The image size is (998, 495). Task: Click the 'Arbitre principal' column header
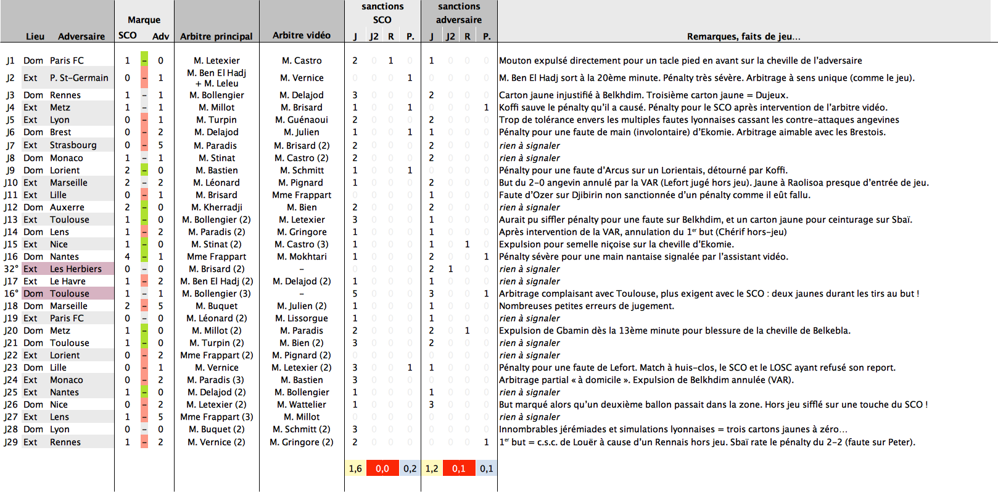point(216,36)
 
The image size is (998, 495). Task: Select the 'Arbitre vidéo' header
point(302,35)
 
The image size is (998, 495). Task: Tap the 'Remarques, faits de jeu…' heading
point(743,36)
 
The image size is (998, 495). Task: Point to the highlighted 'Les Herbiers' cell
point(75,269)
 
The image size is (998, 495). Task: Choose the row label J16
point(11,256)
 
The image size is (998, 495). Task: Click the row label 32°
point(11,269)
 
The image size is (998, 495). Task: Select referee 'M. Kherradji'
point(217,207)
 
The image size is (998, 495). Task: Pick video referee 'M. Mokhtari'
point(302,256)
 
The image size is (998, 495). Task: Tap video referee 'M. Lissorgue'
point(302,318)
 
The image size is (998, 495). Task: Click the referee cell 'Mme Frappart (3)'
point(217,417)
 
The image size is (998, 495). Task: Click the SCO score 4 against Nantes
point(127,256)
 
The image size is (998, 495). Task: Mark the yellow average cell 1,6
point(355,468)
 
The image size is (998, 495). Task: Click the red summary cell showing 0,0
point(382,468)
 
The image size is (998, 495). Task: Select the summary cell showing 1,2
point(432,468)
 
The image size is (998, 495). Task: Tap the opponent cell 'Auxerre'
point(67,207)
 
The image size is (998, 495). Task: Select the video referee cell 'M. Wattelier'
point(302,404)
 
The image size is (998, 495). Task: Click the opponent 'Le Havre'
point(67,281)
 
